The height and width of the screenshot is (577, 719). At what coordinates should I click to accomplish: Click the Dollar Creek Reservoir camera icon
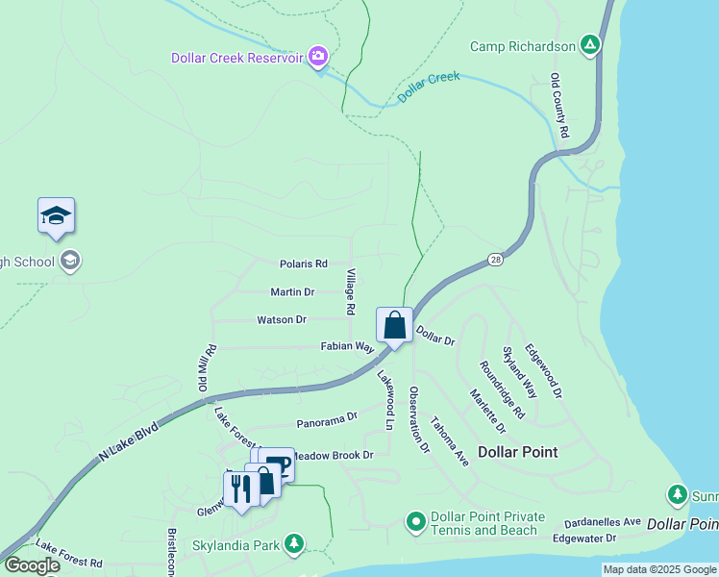pyautogui.click(x=318, y=58)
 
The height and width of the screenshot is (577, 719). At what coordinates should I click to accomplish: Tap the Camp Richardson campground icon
pyautogui.click(x=591, y=45)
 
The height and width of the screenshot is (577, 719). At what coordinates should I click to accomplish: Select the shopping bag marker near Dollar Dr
pyautogui.click(x=394, y=325)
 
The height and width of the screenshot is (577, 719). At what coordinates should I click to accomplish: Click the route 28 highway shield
pyautogui.click(x=494, y=260)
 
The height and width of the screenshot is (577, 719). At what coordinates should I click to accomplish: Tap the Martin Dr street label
pyautogui.click(x=292, y=291)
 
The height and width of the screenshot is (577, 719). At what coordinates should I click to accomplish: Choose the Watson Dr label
pyautogui.click(x=282, y=319)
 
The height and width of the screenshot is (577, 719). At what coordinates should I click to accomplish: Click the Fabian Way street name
pyautogui.click(x=346, y=346)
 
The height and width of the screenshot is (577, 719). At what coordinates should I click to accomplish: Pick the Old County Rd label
pyautogui.click(x=560, y=105)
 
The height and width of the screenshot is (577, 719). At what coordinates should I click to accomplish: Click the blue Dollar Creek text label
pyautogui.click(x=429, y=88)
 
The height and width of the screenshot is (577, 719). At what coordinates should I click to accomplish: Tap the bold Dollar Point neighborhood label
pyautogui.click(x=517, y=451)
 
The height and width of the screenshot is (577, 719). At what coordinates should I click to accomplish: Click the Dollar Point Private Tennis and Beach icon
pyautogui.click(x=416, y=522)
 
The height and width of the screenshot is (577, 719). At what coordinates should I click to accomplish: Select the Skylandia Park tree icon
pyautogui.click(x=294, y=545)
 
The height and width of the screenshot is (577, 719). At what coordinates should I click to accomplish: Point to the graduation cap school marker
pyautogui.click(x=56, y=216)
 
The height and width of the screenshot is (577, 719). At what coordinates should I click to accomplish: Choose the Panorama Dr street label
pyautogui.click(x=327, y=418)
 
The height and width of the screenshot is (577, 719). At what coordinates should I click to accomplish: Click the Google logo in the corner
pyautogui.click(x=32, y=565)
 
